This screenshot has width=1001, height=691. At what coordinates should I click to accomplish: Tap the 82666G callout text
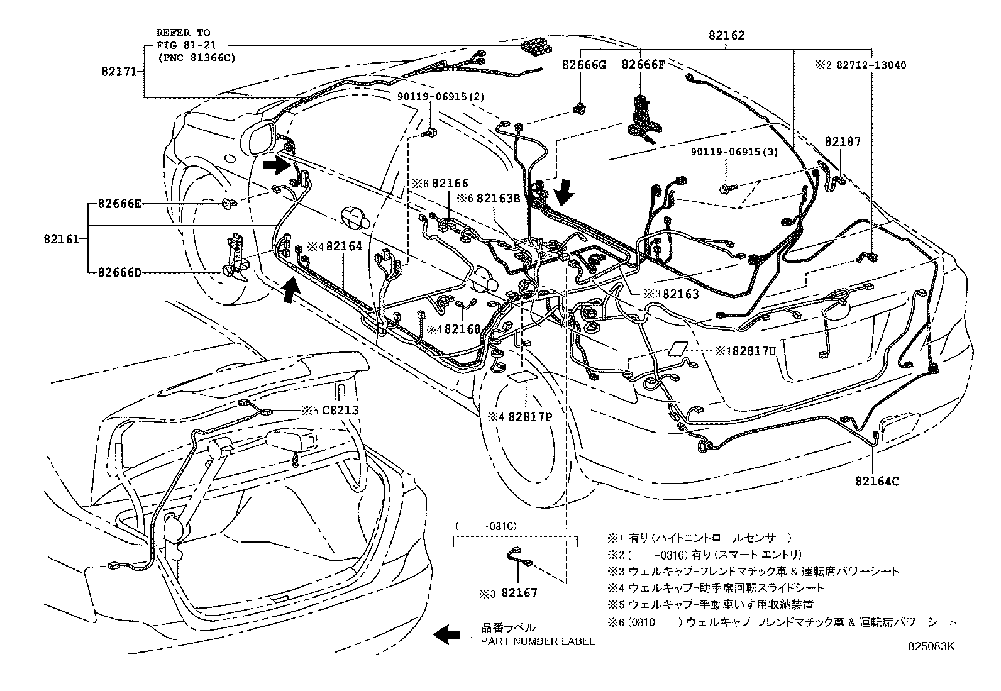[x=583, y=64]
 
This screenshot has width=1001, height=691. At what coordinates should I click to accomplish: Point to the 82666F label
[x=643, y=64]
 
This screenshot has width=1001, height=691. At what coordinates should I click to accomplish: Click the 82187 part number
[x=843, y=143]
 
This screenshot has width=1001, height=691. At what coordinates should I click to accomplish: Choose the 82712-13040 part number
[x=871, y=65]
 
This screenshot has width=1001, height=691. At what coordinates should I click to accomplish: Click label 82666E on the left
[x=119, y=204]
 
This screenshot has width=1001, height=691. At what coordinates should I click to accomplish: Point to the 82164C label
[x=877, y=482]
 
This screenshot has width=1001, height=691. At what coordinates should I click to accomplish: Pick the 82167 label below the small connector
[x=519, y=592]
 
